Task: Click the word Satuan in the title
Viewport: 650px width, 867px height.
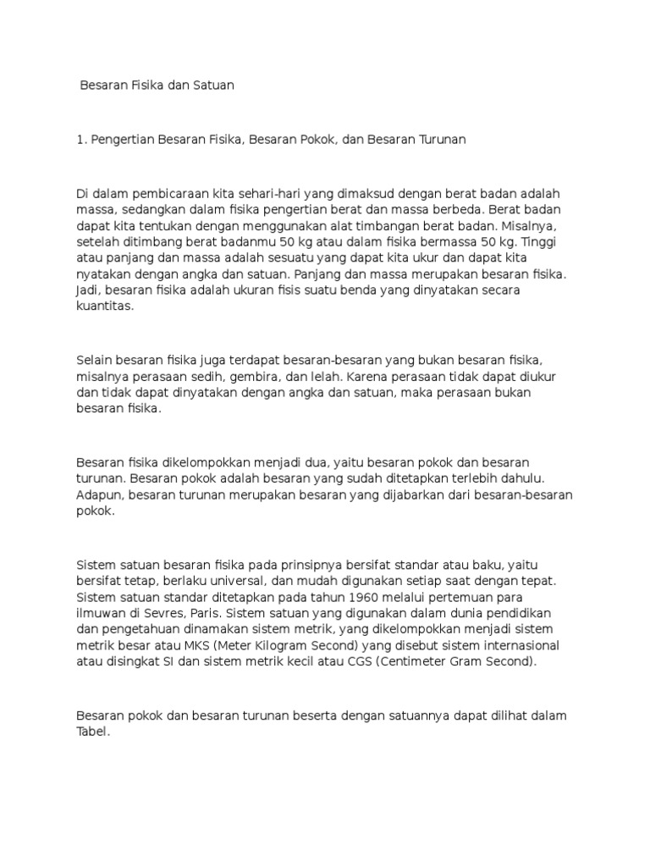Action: [x=210, y=86]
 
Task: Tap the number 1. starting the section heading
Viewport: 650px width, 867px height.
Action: [x=81, y=140]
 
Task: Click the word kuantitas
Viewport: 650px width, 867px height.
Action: [x=106, y=306]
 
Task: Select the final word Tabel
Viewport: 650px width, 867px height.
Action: [x=92, y=732]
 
